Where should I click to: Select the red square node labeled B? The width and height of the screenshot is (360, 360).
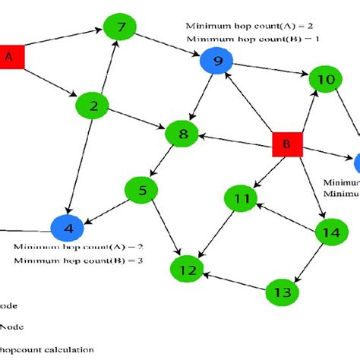coord(288,143)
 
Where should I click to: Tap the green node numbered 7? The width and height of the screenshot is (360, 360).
coord(122,30)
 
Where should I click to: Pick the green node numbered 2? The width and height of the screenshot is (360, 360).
coord(93,107)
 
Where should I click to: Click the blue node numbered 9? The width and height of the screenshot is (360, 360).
coord(217,62)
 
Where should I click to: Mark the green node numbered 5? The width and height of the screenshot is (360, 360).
coord(141,190)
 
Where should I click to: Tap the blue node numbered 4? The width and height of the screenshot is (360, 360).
coord(67,227)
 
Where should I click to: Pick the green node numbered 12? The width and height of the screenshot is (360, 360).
coord(187,269)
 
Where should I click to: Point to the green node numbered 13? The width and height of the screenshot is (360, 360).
coord(282,292)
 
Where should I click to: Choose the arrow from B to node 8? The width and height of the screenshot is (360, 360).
coord(235,140)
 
